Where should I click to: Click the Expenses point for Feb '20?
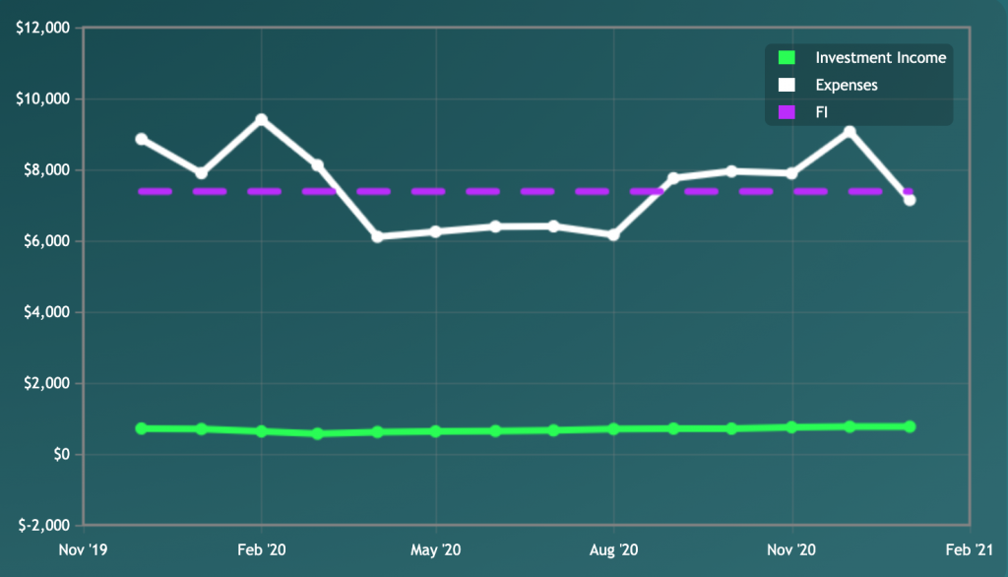[x=261, y=120]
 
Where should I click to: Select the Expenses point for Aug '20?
[x=613, y=234]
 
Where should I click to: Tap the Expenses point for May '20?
[x=435, y=231]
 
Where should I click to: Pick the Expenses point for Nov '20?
[x=790, y=173]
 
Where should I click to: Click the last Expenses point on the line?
[x=910, y=200]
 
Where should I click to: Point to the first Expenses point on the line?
[x=142, y=139]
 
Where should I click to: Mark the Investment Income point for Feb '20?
[x=261, y=431]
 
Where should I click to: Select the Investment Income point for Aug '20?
[x=613, y=429]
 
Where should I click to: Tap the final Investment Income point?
[x=910, y=426]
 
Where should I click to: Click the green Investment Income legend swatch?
[x=786, y=58]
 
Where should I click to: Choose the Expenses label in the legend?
[x=847, y=86]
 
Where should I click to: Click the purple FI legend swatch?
[x=786, y=113]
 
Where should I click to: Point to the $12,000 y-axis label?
[x=42, y=28]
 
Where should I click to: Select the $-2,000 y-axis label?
[x=42, y=525]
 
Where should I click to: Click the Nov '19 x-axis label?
[x=84, y=548]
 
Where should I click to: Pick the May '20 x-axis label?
[x=435, y=548]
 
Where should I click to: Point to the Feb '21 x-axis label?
[x=970, y=548]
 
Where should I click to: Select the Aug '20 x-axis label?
[x=613, y=548]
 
